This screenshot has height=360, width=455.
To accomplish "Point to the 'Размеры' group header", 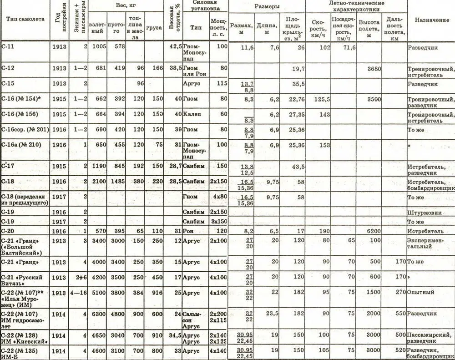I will (267, 7).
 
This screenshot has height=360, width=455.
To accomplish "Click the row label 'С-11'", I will (9, 46).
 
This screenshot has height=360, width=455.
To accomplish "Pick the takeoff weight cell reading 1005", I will (99, 46).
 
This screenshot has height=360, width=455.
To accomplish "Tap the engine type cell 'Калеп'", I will (191, 114).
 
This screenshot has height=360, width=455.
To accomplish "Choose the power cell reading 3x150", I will (218, 222).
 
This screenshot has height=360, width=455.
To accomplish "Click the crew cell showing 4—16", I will (78, 292).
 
